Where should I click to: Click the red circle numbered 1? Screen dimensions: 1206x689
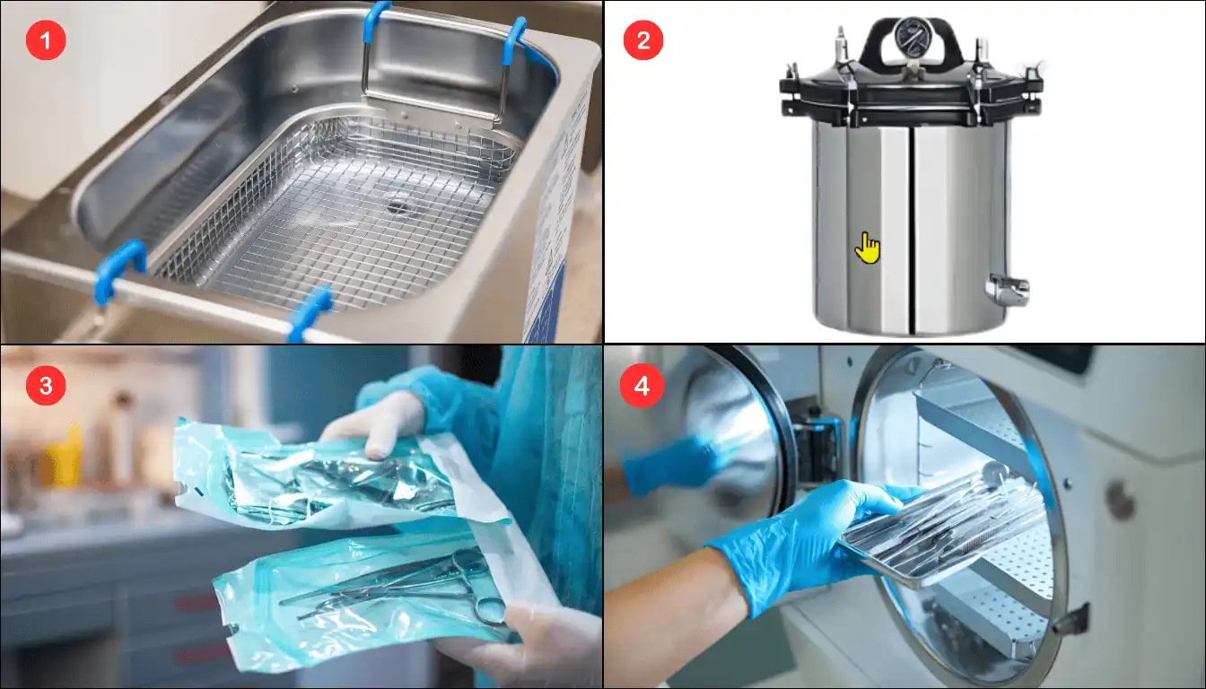[x=46, y=40]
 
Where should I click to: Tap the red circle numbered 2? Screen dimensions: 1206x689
[x=643, y=40]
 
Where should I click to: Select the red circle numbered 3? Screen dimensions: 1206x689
[x=46, y=386]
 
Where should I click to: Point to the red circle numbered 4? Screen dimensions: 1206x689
[x=642, y=386]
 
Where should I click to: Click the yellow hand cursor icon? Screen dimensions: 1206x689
[x=868, y=249]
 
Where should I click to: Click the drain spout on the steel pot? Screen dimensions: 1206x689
[x=1007, y=289]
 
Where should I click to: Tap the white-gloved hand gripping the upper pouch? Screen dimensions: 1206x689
[x=377, y=423]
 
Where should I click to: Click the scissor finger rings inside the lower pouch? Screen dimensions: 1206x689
[x=489, y=611]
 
